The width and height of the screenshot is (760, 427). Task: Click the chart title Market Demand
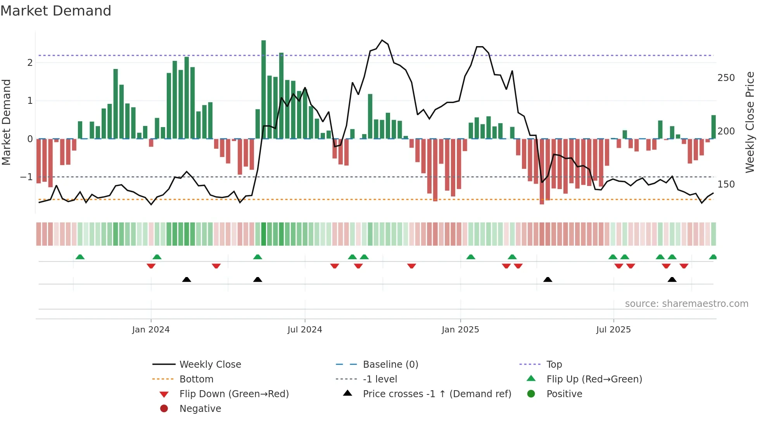[56, 11]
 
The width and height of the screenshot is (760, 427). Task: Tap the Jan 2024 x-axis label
[151, 330]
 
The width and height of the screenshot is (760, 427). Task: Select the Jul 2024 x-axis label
[305, 330]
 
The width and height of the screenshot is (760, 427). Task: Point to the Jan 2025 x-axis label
[460, 330]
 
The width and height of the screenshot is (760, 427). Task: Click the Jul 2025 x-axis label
[613, 330]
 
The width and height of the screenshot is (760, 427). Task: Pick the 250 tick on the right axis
[726, 78]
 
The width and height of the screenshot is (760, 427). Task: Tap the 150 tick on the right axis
[726, 184]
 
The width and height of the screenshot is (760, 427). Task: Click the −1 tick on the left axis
[26, 177]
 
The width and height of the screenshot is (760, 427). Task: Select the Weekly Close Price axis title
[750, 122]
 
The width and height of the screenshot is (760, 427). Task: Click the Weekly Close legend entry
[210, 365]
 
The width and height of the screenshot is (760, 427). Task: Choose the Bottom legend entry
[196, 379]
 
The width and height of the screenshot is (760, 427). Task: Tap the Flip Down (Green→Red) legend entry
[234, 394]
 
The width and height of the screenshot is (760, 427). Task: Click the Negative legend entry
[200, 409]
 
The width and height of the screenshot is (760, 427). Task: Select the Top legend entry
[554, 365]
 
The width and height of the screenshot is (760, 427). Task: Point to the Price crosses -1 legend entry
[437, 394]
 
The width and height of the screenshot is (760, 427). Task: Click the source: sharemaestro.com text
[686, 304]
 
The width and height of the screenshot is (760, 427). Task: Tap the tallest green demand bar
[264, 89]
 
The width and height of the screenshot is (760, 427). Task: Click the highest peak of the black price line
[382, 40]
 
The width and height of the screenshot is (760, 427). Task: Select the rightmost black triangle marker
[672, 280]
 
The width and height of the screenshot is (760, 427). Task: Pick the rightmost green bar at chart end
[713, 127]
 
